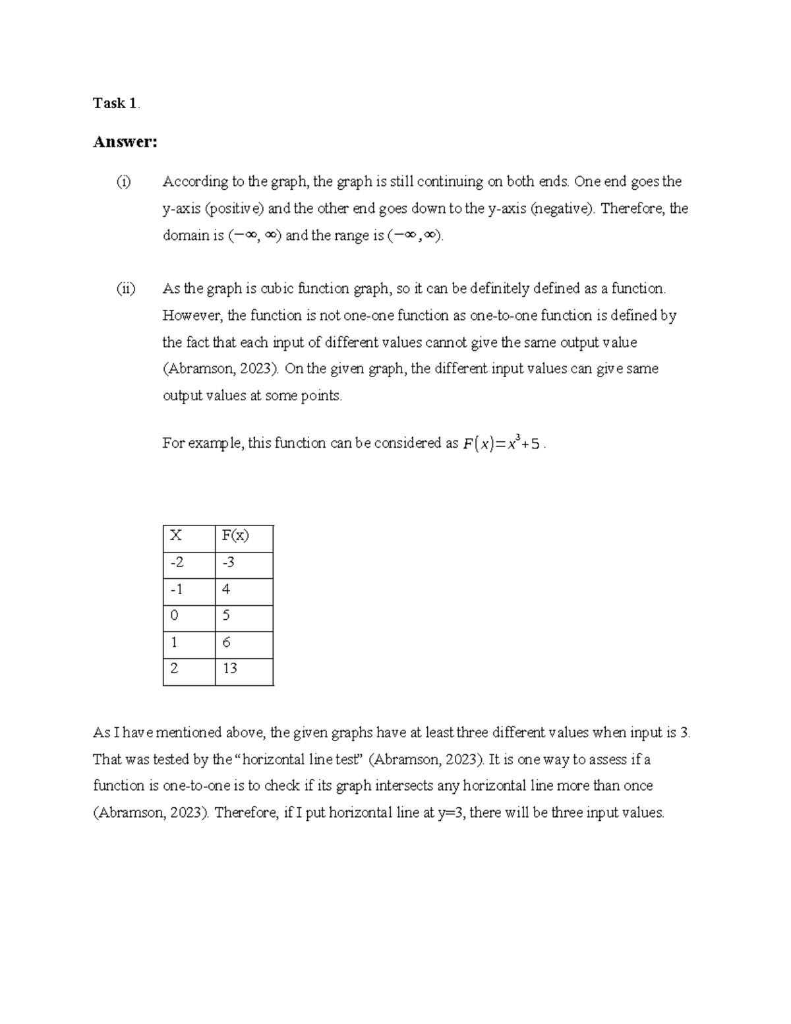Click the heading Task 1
click(115, 103)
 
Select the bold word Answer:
click(125, 142)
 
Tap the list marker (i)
click(123, 181)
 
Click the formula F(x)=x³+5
click(501, 443)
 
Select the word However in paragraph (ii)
click(192, 315)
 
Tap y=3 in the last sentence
click(452, 812)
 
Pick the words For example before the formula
click(203, 443)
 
